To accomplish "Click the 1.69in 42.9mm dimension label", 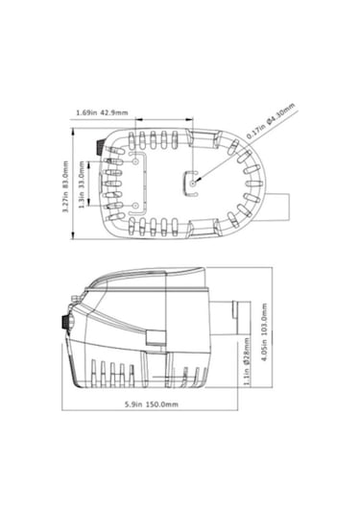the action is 102,113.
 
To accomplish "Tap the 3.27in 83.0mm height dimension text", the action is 65,186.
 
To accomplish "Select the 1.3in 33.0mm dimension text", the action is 82,184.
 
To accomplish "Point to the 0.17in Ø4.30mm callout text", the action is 271,121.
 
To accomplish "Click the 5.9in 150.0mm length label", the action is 152,404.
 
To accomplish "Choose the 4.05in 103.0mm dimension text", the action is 265,332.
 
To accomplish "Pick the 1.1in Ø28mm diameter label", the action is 247,361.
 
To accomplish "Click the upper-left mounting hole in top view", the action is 135,161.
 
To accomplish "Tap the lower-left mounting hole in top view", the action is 134,206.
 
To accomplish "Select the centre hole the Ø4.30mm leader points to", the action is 193,184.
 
